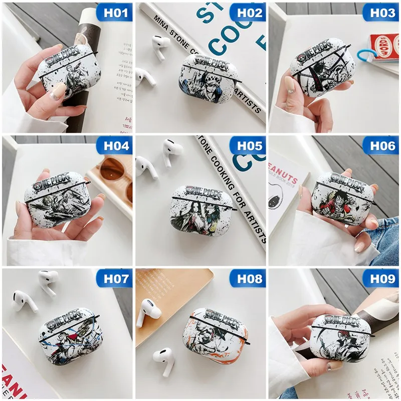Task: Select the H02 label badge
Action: [247, 12]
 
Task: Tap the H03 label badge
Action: [380, 12]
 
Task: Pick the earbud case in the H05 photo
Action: [202, 211]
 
